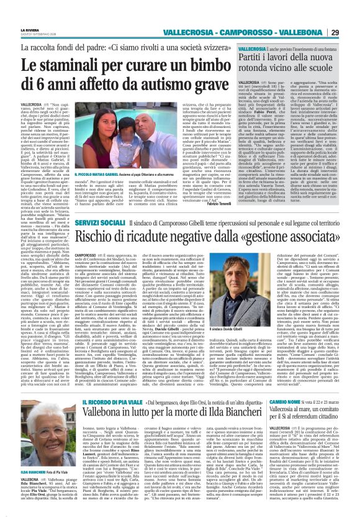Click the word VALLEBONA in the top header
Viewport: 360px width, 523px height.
pos(320,15)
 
